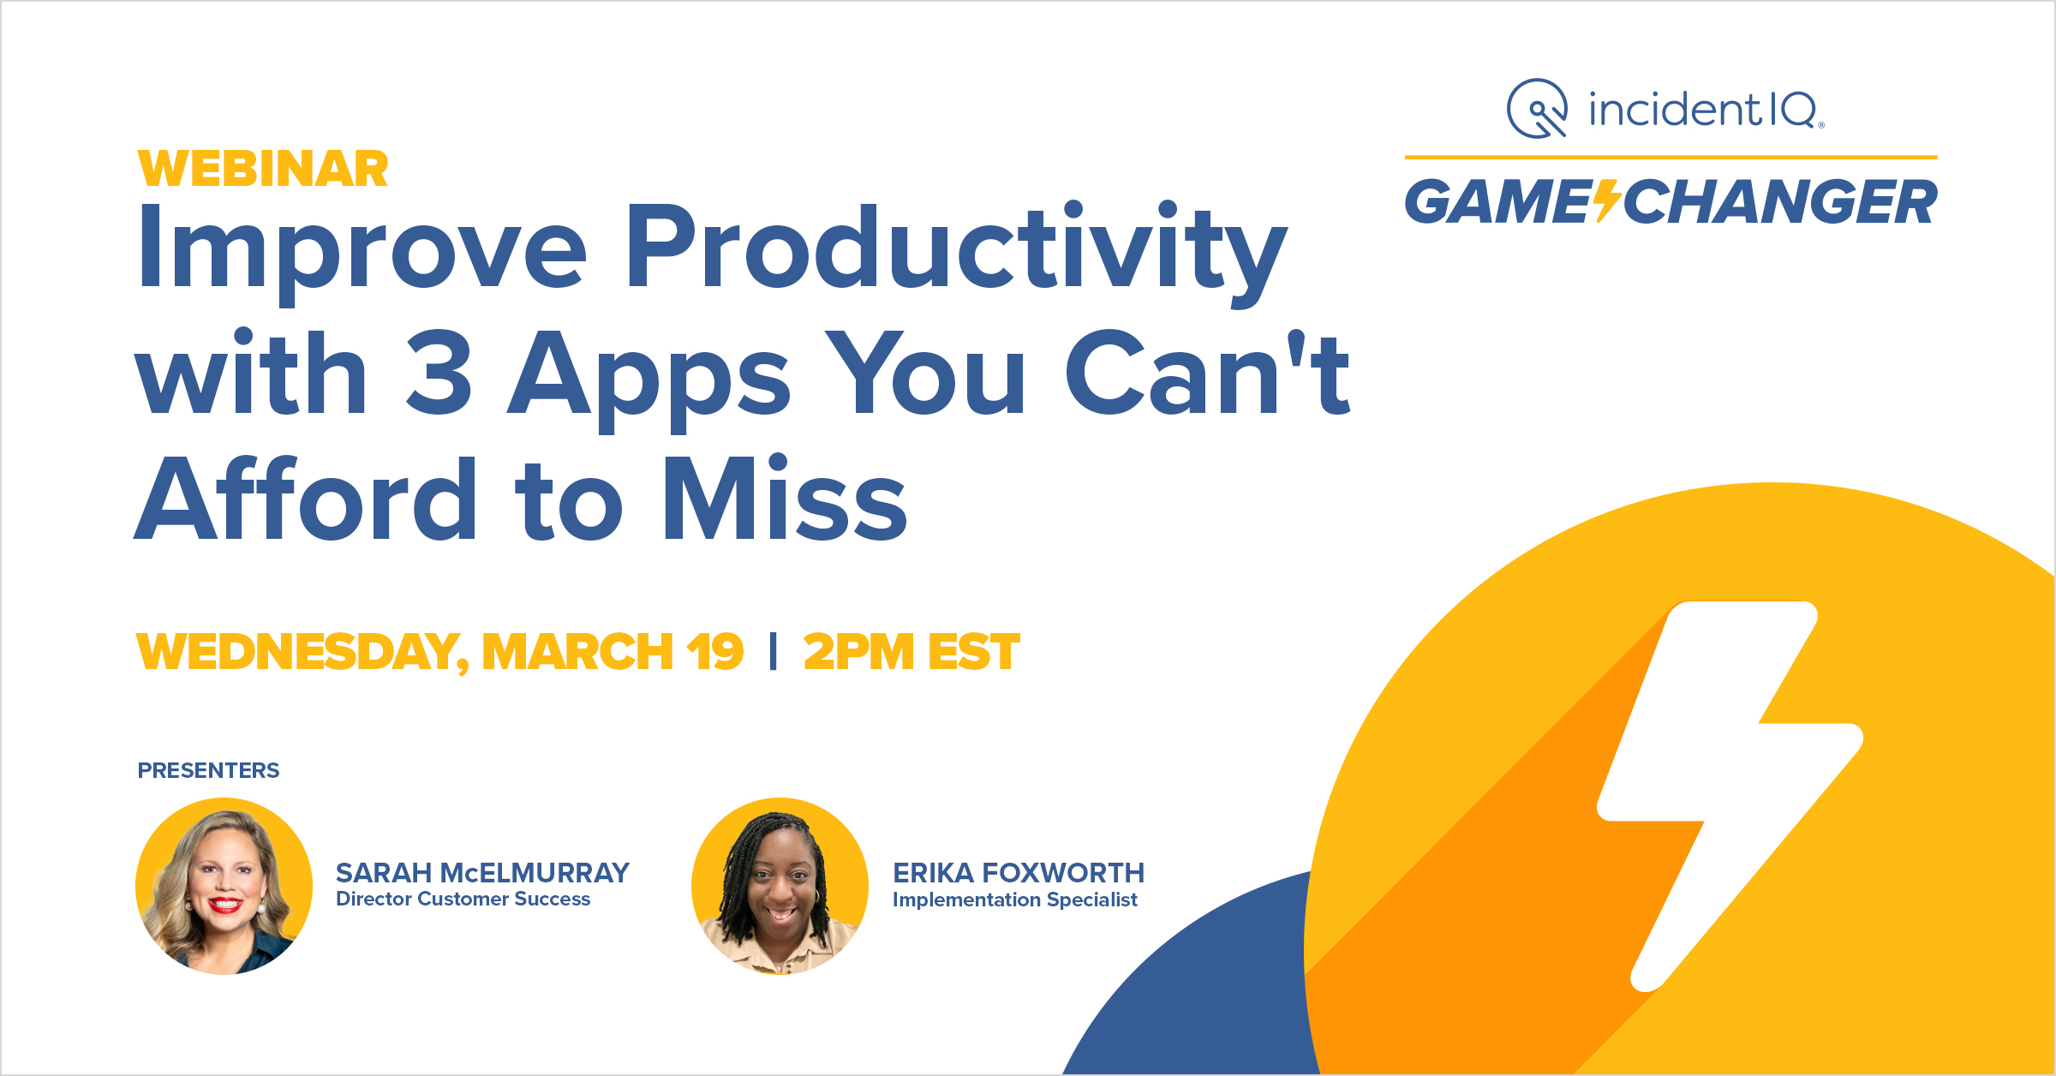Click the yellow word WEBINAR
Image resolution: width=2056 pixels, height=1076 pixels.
262,169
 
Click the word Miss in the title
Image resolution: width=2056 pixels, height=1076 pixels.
785,500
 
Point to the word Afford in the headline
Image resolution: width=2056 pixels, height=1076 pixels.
306,500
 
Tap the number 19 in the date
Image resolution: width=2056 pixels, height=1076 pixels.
714,653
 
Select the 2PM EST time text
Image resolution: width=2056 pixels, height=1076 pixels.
911,653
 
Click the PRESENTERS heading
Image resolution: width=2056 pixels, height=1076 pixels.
208,771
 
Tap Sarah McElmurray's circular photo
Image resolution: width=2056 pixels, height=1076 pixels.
224,887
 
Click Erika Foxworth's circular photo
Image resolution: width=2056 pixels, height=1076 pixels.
780,887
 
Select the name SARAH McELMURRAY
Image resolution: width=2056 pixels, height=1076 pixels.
482,873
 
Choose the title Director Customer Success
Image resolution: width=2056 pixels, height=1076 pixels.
463,900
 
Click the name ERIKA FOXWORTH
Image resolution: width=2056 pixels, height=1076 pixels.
1018,873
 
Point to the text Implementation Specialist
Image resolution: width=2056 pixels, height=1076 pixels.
1014,900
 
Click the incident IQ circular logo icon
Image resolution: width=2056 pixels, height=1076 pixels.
1537,109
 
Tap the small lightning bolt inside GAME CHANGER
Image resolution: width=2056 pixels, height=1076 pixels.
1607,202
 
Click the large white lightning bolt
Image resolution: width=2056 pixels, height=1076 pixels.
1722,771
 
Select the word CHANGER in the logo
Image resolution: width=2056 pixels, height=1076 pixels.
1780,203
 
